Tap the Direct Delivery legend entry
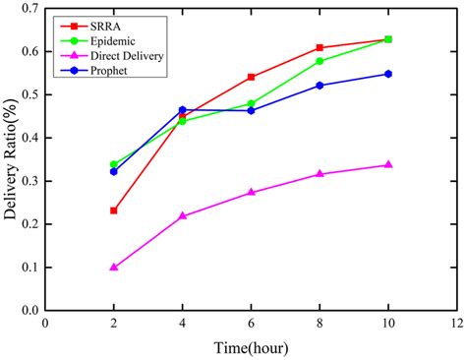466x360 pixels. pos(124,57)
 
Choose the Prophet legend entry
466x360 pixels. pos(107,72)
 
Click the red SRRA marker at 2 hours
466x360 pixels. pos(114,210)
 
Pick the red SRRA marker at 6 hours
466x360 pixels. pos(252,77)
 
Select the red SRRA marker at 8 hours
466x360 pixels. pos(320,47)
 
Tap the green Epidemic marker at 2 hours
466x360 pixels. pos(114,164)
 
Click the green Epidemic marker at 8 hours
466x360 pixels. pos(320,61)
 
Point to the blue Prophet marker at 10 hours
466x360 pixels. pos(388,74)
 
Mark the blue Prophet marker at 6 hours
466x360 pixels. pos(252,110)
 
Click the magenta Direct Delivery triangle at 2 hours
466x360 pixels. pos(114,267)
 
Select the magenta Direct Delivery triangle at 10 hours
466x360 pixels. pos(388,164)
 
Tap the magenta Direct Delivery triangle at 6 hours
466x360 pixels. pos(252,192)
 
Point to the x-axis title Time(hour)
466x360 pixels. pos(252,347)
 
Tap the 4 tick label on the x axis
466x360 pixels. pos(183,323)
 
